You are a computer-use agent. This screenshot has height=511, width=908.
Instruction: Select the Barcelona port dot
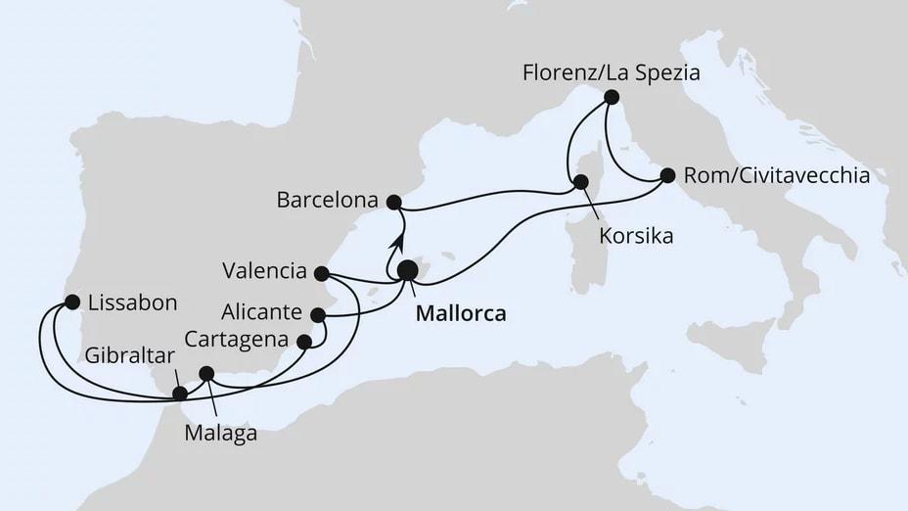[x=393, y=202]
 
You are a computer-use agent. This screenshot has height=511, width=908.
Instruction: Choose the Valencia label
[x=264, y=271]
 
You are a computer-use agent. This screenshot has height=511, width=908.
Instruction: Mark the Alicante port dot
[x=317, y=315]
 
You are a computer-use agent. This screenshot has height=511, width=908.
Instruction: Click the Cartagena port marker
[x=303, y=343]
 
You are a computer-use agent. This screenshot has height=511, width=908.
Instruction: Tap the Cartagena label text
[x=239, y=341]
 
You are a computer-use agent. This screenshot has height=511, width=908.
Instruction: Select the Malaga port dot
[x=206, y=373]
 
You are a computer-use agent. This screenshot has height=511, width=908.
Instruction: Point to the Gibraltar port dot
[x=180, y=394]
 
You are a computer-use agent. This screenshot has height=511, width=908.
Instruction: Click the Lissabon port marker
[x=71, y=302]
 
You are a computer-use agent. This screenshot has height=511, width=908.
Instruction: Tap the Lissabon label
[x=132, y=302]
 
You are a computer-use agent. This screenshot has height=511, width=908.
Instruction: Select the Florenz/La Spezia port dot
[x=612, y=97]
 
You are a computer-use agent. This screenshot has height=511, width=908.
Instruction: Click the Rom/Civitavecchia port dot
[x=667, y=175]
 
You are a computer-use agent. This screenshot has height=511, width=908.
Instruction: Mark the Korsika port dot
[x=580, y=181]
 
